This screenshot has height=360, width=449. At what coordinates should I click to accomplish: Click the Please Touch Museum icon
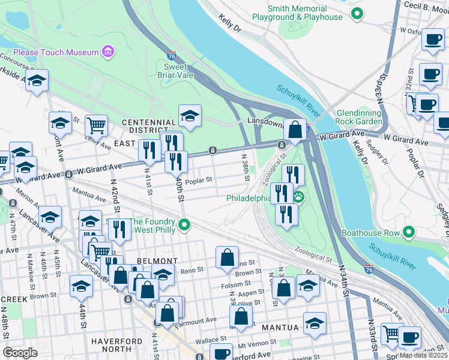point(108,52)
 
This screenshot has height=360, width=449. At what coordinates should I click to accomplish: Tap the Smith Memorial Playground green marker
point(357,13)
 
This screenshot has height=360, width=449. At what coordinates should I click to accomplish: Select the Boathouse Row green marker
point(409,232)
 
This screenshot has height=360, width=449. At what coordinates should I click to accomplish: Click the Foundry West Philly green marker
point(185,225)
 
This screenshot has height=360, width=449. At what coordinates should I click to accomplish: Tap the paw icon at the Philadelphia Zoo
point(298,197)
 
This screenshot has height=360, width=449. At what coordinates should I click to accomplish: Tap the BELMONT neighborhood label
point(157,261)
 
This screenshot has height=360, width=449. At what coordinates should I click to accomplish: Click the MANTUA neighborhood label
point(280,328)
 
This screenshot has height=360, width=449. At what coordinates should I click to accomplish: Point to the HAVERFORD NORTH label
point(119,344)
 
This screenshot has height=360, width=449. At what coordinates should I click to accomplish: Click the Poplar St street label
point(199,180)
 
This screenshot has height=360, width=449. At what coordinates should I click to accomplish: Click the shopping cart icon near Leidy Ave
point(96,125)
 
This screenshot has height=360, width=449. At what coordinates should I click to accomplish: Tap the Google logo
point(20,352)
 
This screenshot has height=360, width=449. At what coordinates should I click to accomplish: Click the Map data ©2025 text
point(423,355)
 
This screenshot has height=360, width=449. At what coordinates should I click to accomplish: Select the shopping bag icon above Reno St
point(228,257)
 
